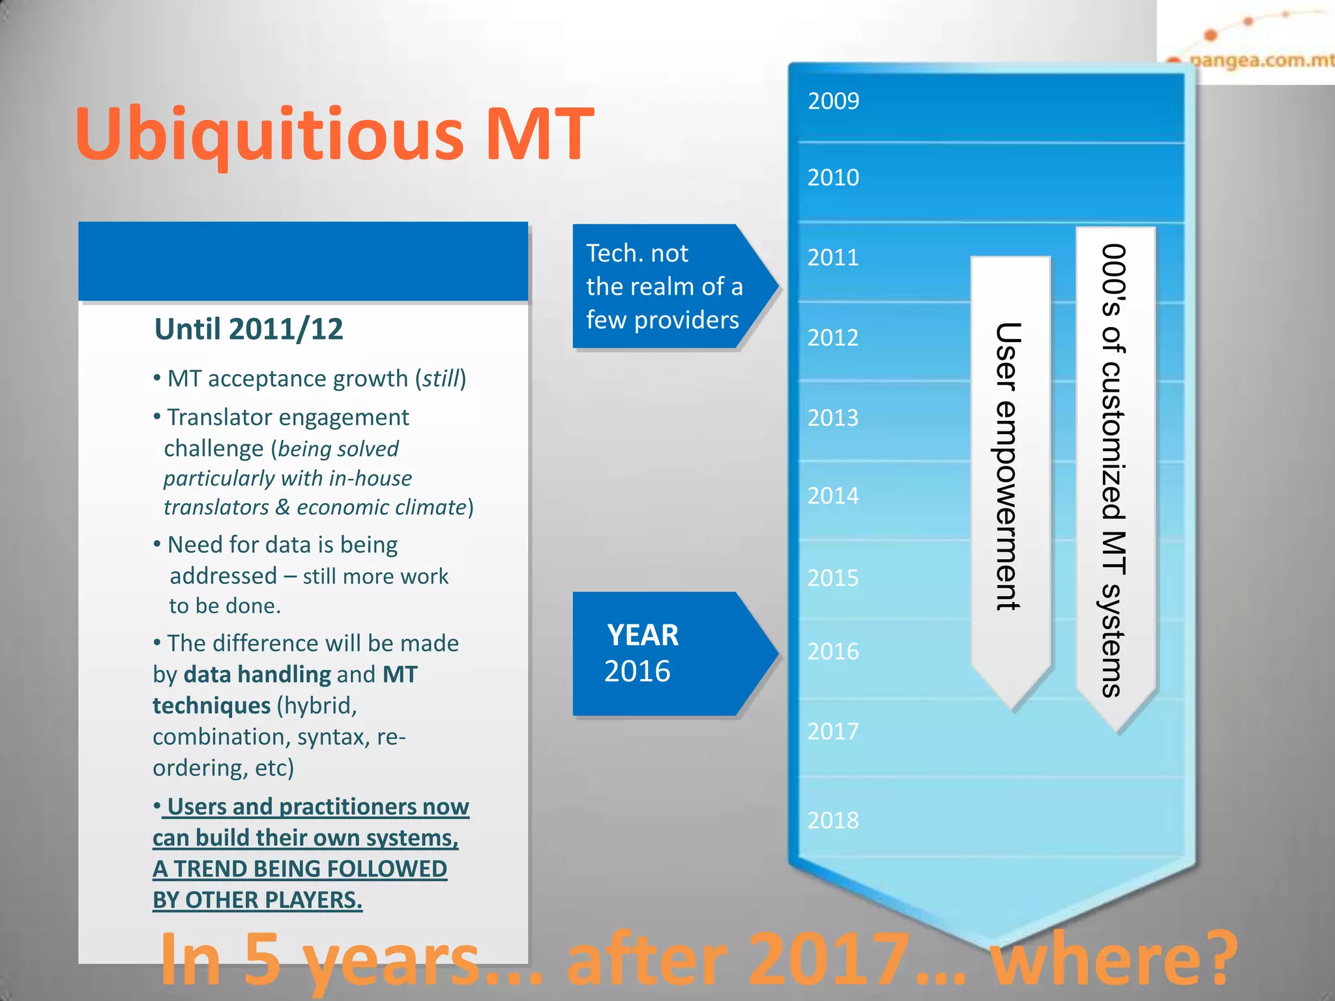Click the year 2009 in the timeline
833,101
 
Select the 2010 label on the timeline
833,177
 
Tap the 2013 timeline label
833,418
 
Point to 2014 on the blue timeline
833,496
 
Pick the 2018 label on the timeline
833,820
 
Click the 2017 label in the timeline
833,731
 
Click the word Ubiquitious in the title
269,134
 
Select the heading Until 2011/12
248,329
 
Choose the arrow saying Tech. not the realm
665,287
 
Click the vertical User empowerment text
1008,466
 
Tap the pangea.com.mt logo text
1261,61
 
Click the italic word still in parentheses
441,379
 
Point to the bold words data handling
257,675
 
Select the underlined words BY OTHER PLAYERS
257,900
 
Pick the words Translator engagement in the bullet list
288,417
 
